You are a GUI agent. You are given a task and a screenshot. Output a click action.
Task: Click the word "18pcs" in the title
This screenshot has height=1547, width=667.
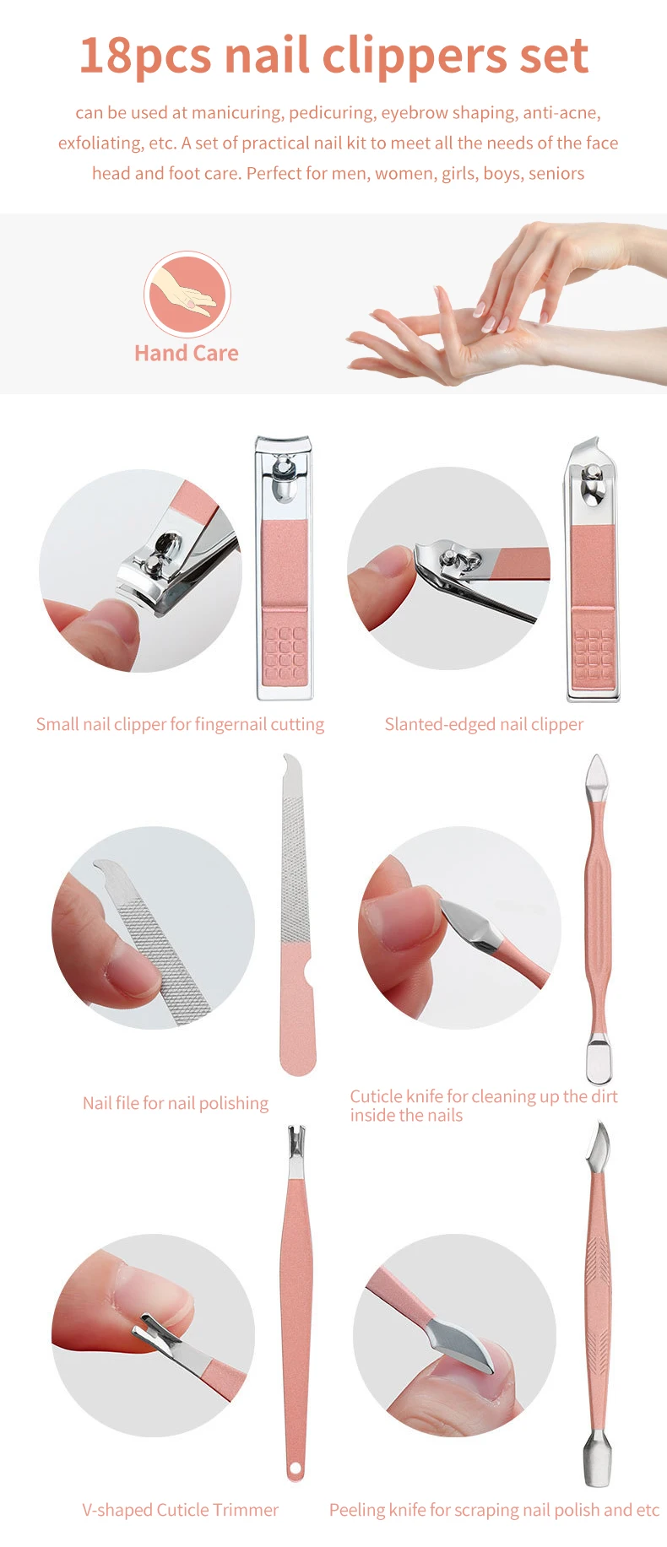144,57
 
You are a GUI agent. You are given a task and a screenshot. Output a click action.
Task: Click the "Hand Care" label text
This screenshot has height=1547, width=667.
186,353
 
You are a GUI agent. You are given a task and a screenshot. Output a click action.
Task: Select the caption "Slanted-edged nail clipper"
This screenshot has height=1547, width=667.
484,724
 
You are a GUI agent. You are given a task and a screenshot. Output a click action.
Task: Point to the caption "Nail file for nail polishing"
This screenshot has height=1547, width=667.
176,1103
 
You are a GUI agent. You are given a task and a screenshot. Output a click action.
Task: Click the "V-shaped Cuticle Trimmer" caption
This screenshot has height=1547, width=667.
180,1510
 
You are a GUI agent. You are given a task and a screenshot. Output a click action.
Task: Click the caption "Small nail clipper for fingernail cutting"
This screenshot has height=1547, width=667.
180,724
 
